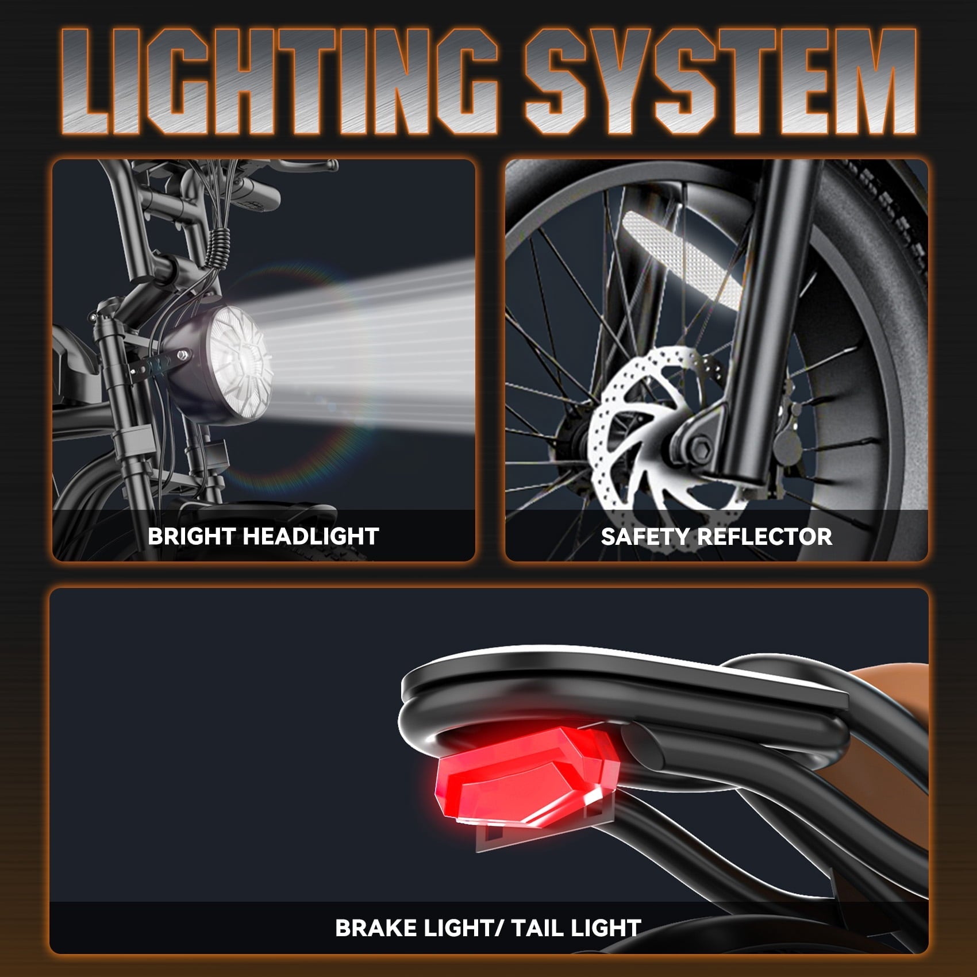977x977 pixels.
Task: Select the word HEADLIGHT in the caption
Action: pos(311,536)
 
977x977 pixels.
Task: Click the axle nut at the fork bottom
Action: pos(701,446)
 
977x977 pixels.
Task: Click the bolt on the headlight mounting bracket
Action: pos(183,355)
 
